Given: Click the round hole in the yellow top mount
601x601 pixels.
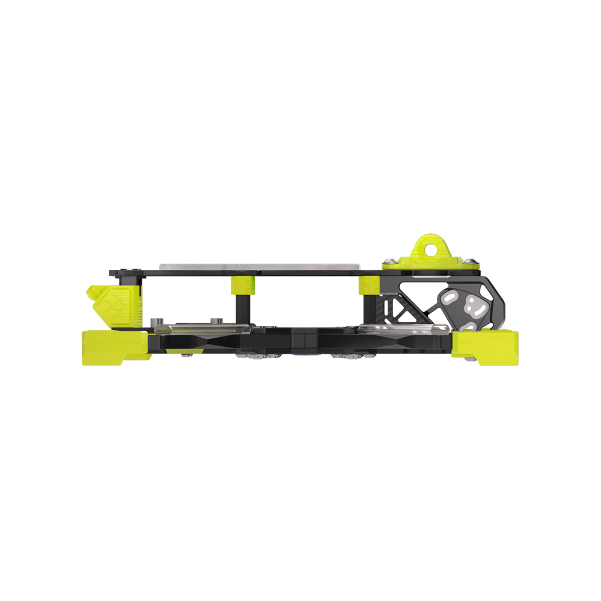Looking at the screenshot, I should [431, 248].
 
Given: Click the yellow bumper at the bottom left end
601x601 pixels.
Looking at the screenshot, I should [114, 347].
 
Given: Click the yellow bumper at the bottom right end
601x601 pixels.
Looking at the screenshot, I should [486, 347].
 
